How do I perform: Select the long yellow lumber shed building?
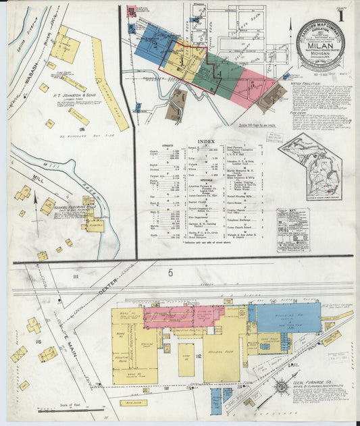point(109,84)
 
